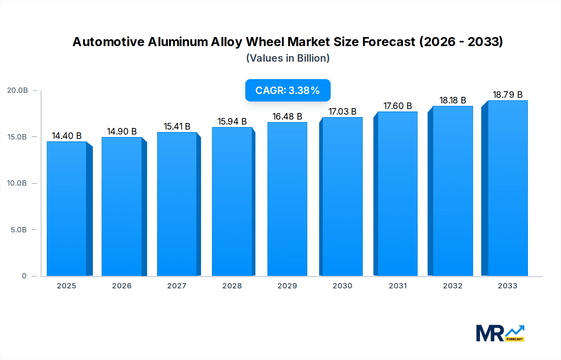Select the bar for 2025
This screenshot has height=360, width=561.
(x=67, y=209)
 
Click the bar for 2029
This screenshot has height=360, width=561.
(x=287, y=199)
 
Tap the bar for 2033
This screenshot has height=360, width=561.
(x=507, y=188)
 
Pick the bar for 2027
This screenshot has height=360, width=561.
(x=177, y=204)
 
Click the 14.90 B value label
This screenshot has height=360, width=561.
(x=122, y=131)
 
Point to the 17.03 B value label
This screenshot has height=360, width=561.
(x=342, y=111)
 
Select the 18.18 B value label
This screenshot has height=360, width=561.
(x=453, y=100)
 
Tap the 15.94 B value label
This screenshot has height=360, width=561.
(x=232, y=121)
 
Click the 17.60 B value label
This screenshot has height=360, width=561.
(x=397, y=106)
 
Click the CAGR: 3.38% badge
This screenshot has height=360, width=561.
(x=288, y=90)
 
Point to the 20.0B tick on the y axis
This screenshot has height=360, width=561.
(x=17, y=90)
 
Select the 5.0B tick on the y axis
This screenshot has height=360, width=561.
(x=19, y=230)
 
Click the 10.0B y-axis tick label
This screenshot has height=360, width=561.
(x=17, y=183)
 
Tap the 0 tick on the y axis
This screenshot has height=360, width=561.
(x=24, y=276)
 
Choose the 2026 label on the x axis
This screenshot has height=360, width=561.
(x=122, y=286)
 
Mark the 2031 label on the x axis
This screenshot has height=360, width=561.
(x=397, y=286)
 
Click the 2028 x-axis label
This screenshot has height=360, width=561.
(x=232, y=286)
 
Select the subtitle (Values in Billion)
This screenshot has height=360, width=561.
(x=288, y=58)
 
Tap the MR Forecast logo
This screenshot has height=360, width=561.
(x=500, y=333)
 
